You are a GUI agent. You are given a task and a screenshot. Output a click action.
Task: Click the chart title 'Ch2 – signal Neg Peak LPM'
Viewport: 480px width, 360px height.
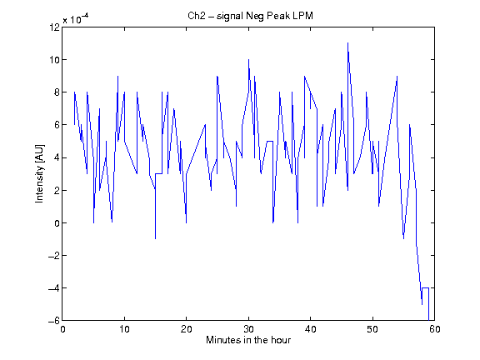250,16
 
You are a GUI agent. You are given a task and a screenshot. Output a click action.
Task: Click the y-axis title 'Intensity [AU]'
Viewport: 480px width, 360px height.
39,173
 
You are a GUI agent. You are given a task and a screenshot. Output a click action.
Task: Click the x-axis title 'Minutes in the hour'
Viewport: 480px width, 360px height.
248,340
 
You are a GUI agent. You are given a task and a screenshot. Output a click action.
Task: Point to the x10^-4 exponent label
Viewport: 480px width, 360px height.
76,19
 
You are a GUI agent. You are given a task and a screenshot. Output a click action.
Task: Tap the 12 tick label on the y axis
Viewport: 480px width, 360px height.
55,27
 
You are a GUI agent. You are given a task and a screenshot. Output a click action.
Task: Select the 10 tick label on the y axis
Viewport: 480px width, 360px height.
55,60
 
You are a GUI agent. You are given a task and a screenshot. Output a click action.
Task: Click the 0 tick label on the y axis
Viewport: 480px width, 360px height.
57,223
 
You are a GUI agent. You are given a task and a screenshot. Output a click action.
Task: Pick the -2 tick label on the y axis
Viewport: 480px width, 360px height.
54,256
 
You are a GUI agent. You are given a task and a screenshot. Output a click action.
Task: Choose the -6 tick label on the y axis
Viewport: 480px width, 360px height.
54,321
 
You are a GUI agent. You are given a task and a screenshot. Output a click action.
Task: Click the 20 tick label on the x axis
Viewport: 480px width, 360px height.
186,329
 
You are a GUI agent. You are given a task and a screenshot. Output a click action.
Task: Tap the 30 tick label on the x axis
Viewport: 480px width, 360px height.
248,329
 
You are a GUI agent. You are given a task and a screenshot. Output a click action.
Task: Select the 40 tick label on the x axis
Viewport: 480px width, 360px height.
310,329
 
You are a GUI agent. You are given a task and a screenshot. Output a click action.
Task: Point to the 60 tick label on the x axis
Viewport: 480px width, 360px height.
435,329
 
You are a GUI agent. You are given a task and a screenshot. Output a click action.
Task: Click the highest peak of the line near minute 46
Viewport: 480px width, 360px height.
347,43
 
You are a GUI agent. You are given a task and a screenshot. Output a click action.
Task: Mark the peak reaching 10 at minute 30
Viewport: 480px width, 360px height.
248,60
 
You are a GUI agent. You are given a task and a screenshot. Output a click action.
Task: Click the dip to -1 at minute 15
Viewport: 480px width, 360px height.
156,239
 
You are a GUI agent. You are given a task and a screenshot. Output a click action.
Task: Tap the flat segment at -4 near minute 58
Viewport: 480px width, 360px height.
426,288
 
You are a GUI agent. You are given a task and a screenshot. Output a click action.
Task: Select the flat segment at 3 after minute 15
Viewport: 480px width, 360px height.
158,174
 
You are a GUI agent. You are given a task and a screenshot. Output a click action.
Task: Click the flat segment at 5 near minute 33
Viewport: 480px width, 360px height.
270,141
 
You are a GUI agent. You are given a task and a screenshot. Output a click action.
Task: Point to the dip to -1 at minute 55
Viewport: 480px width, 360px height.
404,239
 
